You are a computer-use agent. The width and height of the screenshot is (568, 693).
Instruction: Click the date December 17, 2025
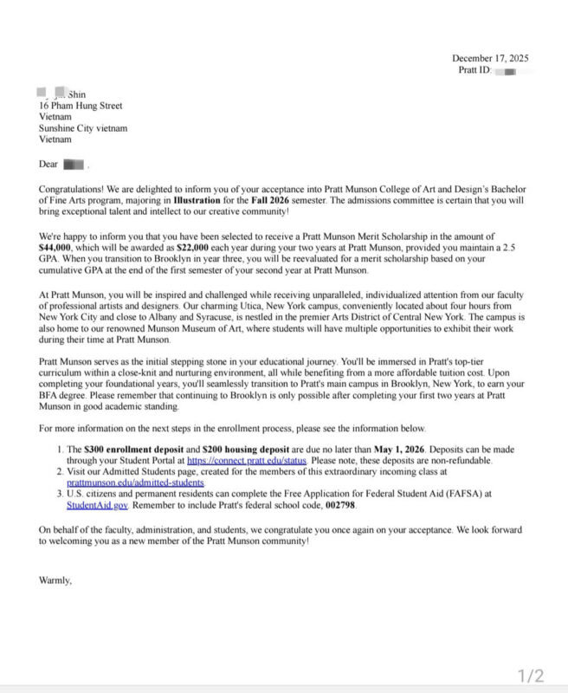[x=490, y=58]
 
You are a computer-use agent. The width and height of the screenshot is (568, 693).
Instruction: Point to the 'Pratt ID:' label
[x=474, y=69]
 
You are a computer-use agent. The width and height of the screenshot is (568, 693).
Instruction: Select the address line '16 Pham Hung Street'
[x=81, y=106]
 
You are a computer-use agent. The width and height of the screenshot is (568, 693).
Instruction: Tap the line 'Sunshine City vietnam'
[x=82, y=128]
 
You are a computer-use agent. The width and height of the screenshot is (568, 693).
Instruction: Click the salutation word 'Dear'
[x=48, y=164]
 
